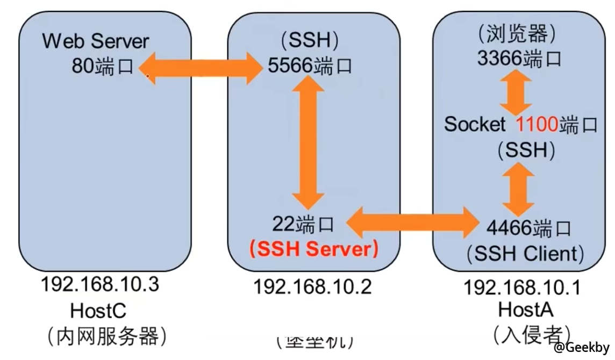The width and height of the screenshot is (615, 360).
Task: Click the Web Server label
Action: pyautogui.click(x=96, y=41)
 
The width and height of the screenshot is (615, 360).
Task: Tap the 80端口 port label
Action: pyautogui.click(x=103, y=66)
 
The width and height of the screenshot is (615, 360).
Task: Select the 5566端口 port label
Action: pyautogui.click(x=310, y=66)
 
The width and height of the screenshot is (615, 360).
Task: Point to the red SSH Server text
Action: pyautogui.click(x=313, y=248)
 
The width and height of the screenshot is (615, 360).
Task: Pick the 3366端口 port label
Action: pyautogui.click(x=519, y=57)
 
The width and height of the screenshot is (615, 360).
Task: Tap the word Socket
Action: pyautogui.click(x=475, y=124)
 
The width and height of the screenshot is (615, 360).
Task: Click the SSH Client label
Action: pyautogui.click(x=525, y=253)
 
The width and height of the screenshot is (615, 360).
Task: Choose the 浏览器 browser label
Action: pyautogui.click(x=519, y=34)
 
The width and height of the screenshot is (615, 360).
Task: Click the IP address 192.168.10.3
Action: pyautogui.click(x=100, y=284)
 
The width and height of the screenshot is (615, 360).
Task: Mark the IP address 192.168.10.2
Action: pyautogui.click(x=312, y=287)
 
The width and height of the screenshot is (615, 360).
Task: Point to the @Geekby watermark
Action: pyautogui.click(x=584, y=347)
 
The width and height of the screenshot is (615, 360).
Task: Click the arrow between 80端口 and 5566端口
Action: pyautogui.click(x=202, y=67)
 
